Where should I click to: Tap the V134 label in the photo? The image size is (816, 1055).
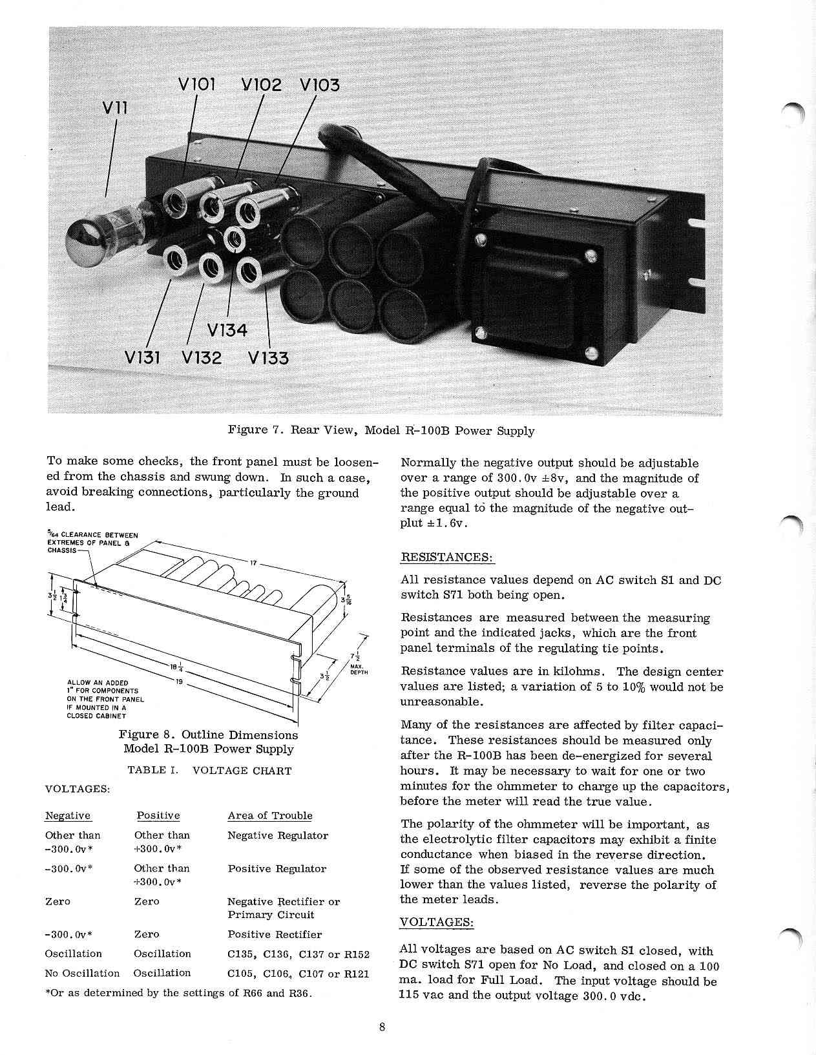tap(227, 330)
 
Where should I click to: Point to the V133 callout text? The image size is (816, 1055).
tap(269, 357)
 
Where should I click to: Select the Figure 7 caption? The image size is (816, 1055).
tap(381, 431)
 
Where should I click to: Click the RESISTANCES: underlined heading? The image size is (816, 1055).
tap(448, 557)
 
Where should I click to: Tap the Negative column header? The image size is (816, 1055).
tap(68, 815)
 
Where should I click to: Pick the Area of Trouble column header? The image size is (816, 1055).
tap(269, 815)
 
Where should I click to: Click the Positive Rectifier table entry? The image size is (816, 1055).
tap(275, 934)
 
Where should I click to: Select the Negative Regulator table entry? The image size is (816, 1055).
tap(278, 835)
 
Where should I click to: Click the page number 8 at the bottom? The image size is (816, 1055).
tap(382, 1029)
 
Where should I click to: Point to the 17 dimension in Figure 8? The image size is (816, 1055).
tap(254, 563)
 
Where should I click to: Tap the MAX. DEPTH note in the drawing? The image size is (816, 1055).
tap(358, 669)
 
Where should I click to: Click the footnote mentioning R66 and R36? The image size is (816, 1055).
tap(178, 993)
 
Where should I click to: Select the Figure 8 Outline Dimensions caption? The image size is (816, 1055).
tap(208, 742)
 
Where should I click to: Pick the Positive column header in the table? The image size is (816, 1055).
tap(158, 815)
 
